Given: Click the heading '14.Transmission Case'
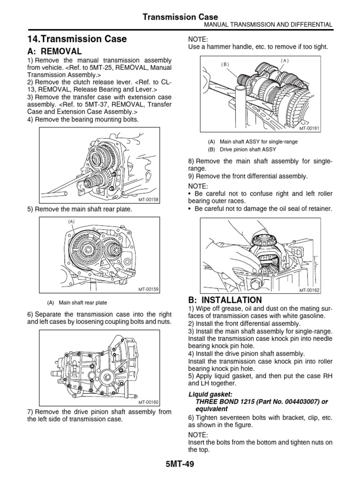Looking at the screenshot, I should [77, 39].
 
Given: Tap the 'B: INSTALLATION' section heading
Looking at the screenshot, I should [225, 300].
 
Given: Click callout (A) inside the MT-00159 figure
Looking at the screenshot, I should [71, 221].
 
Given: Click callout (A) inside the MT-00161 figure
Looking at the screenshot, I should [285, 60].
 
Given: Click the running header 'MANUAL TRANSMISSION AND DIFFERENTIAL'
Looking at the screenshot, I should [266, 24].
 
